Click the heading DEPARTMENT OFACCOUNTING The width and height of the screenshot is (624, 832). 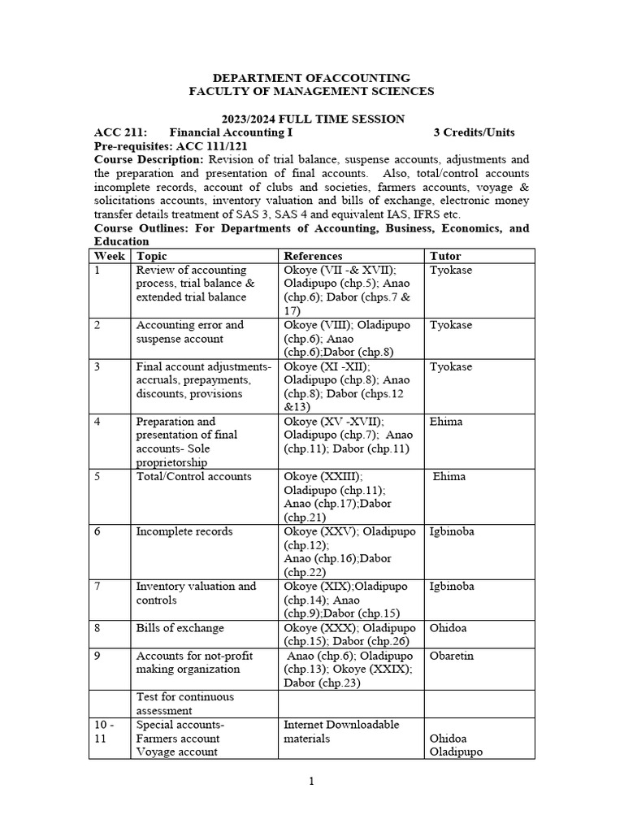[311, 77]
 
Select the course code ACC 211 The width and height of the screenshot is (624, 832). [120, 132]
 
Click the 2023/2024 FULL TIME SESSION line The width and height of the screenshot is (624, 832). [311, 119]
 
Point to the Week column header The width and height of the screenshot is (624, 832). [110, 256]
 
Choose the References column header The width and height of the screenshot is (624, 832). [314, 256]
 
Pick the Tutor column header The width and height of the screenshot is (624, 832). [445, 256]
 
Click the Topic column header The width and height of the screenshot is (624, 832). [151, 256]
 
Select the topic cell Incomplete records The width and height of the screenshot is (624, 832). [184, 531]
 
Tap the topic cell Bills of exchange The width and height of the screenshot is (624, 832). [180, 628]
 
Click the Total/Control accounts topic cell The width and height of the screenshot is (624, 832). [194, 477]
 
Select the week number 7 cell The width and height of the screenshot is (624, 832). [97, 587]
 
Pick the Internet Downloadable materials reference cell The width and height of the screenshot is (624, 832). [341, 731]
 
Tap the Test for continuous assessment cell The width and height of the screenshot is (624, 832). [185, 704]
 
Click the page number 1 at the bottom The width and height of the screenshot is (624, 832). [311, 782]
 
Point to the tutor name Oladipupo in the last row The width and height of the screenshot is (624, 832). [456, 752]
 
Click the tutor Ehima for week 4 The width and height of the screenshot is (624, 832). [447, 422]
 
